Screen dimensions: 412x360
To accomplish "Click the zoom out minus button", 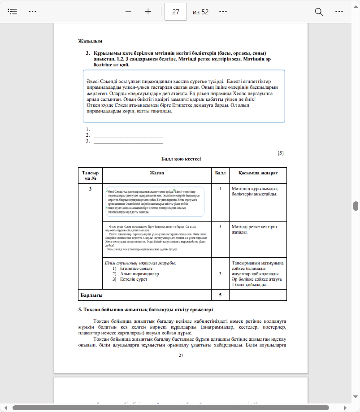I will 128,12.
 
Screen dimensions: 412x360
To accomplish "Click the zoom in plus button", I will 148,12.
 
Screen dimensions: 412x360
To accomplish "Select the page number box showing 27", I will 176,12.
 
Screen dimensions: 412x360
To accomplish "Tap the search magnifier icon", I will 319,12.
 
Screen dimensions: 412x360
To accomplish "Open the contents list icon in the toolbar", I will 12,12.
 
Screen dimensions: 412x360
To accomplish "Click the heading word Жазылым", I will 87,41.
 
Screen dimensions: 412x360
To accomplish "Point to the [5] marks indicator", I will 281,153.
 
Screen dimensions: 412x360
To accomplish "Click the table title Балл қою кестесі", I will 181,159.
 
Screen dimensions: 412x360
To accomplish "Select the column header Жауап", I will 157,173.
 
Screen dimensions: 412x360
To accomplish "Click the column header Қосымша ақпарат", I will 258,173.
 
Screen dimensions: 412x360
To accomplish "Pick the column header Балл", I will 220,173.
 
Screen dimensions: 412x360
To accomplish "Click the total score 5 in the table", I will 220,295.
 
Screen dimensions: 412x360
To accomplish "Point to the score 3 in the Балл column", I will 220,273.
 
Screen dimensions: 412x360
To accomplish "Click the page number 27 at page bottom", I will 181,355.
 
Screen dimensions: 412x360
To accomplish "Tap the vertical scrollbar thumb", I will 356,206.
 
